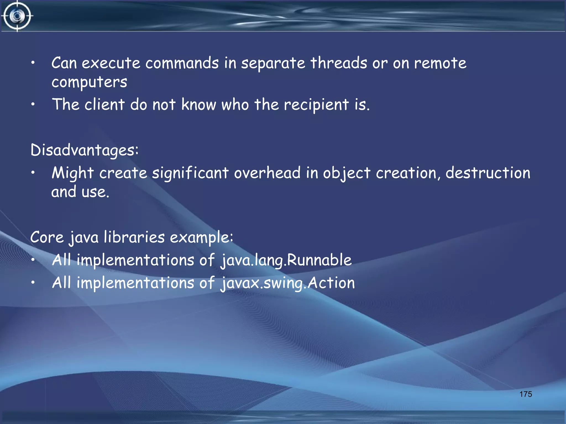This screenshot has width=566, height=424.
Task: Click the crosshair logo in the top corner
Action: [17, 16]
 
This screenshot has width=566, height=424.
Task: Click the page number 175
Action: [525, 394]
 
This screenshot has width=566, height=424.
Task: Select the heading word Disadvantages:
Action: [84, 150]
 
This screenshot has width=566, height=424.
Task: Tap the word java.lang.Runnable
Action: [286, 260]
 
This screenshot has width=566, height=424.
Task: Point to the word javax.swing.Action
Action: [288, 283]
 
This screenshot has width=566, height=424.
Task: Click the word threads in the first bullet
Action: [339, 63]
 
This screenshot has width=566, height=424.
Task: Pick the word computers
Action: [89, 82]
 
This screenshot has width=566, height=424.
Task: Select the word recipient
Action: [316, 105]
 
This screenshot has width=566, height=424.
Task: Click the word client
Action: [105, 105]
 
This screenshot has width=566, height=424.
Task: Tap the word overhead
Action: [267, 173]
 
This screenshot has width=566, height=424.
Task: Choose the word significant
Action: [190, 174]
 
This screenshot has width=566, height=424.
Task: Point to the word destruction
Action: [488, 173]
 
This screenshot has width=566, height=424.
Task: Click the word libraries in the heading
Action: [134, 237]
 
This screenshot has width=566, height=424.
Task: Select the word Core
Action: [47, 237]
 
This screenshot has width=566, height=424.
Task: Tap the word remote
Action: [440, 63]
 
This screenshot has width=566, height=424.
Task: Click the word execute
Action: [111, 63]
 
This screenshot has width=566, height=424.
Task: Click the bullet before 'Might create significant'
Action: [33, 173]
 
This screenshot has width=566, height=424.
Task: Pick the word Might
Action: [73, 173]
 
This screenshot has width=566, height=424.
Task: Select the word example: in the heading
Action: [201, 238]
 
